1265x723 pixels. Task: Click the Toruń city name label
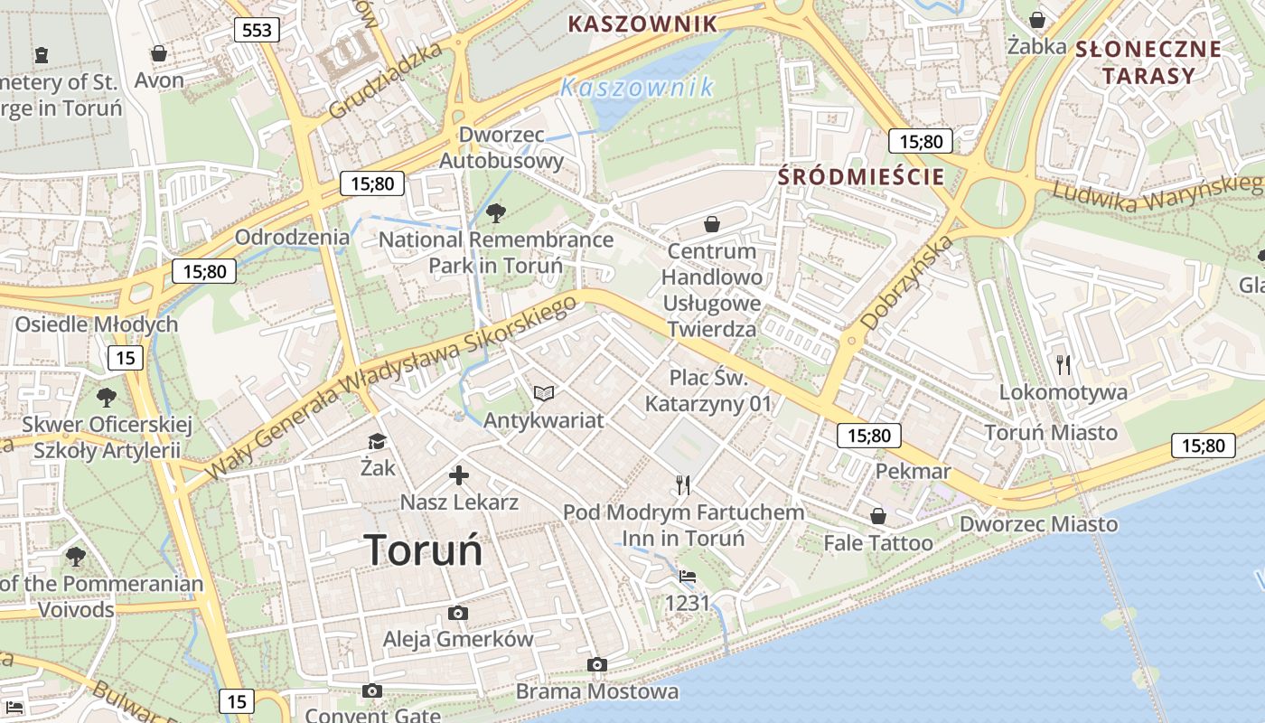423,549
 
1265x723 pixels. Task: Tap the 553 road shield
257,30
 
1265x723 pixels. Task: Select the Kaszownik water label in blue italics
637,88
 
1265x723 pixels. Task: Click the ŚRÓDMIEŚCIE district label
861,176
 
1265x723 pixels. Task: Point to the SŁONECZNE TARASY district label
1148,62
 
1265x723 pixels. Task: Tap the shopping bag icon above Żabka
1037,20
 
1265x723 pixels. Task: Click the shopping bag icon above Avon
159,53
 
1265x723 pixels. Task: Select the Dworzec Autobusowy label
501,148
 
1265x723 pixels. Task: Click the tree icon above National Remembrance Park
495,213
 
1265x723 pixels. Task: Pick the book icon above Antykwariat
543,393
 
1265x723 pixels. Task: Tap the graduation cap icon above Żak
377,441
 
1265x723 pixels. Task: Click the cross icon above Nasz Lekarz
459,474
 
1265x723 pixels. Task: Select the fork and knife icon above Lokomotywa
1064,364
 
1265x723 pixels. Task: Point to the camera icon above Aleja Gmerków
458,613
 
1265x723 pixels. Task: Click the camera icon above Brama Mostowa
596,665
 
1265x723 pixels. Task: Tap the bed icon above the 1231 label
688,576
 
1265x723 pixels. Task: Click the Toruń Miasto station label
1051,432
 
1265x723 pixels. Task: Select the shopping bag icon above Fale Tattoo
877,516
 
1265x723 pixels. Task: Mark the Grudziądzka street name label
386,80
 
